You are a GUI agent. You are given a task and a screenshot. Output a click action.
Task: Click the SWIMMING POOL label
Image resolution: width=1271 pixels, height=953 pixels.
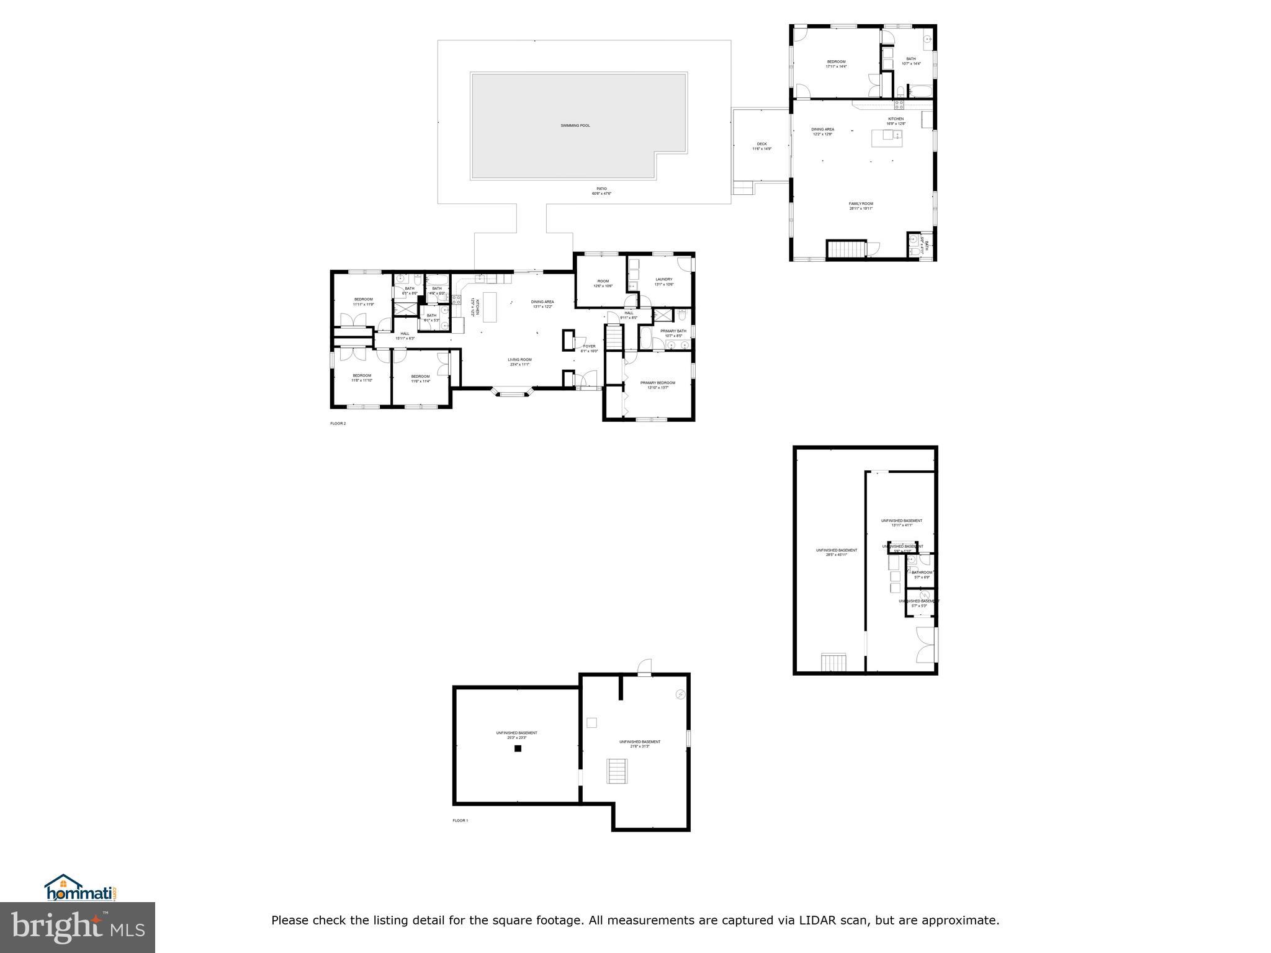[575, 125]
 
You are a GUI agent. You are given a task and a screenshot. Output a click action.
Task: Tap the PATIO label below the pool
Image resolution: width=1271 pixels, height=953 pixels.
[601, 189]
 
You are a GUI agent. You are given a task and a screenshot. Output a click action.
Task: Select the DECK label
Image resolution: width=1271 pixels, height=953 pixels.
[761, 144]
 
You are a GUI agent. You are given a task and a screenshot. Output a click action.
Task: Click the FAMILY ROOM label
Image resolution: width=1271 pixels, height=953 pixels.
[861, 204]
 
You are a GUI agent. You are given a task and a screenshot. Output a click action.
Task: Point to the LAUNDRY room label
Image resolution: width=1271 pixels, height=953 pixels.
[663, 279]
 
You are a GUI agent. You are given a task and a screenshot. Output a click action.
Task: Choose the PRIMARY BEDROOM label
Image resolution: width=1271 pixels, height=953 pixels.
[657, 383]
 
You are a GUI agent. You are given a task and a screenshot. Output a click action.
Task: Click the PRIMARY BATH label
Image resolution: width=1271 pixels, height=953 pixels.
[673, 331]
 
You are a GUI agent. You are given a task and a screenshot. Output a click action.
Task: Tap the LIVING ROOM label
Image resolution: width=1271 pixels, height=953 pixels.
[519, 359]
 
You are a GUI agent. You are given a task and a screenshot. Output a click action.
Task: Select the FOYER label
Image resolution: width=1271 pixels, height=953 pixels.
[589, 346]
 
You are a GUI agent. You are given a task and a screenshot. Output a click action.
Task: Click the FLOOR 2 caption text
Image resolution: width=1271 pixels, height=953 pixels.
[338, 424]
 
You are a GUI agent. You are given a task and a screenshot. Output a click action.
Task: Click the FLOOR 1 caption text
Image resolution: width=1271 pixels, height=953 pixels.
[460, 820]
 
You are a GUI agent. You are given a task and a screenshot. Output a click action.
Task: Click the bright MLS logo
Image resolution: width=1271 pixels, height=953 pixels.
[78, 927]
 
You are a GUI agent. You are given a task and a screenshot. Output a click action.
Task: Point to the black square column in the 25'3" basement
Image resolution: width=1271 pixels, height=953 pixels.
[518, 748]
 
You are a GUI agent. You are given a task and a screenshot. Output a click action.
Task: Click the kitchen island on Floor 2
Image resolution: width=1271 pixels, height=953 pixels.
[490, 307]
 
